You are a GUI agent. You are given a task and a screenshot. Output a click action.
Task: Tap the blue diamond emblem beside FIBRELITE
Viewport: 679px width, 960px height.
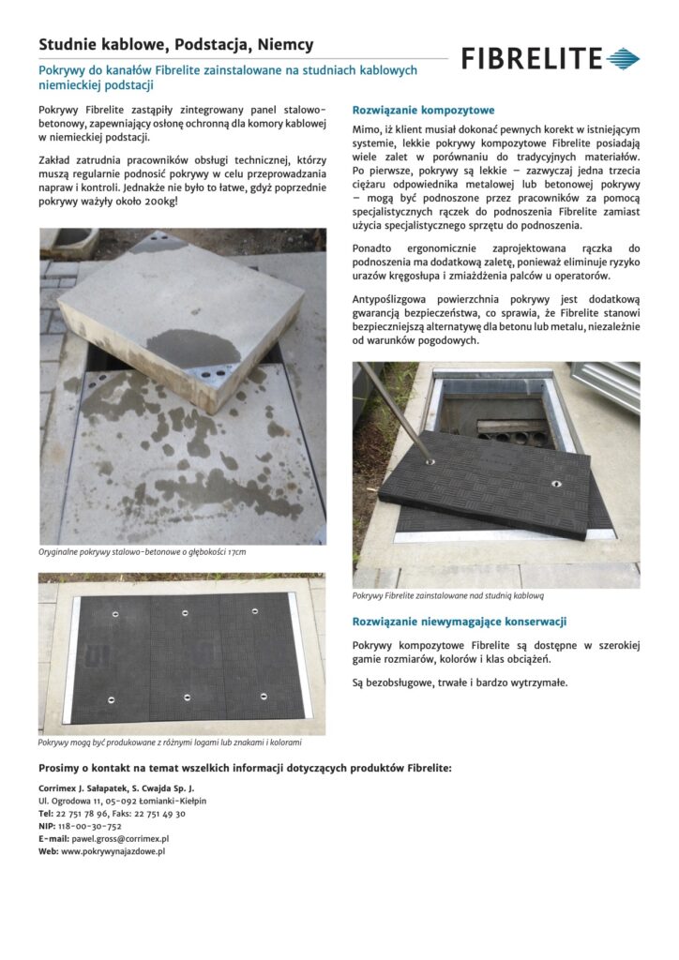tap(623, 60)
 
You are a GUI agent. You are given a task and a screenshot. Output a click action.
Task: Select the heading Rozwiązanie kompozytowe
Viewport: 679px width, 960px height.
tap(423, 110)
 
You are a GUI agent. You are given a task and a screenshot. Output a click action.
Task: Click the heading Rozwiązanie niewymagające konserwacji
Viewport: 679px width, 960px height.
tap(460, 622)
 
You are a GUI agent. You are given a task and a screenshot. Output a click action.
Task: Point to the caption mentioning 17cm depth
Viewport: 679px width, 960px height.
tap(143, 552)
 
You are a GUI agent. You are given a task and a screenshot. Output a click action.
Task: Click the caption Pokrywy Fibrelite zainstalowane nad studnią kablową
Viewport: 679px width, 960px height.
tap(448, 595)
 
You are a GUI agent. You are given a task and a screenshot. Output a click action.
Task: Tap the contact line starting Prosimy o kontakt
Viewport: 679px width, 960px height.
tap(245, 768)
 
